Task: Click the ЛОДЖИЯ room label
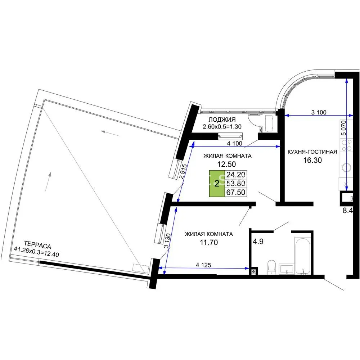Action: pos(222,120)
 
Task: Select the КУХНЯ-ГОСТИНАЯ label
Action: pos(312,152)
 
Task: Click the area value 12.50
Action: pos(226,164)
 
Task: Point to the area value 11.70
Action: pos(209,242)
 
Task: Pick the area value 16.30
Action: pos(312,160)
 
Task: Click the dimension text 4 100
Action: pos(235,144)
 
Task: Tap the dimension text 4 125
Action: pos(203,265)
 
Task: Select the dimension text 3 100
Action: pos(319,112)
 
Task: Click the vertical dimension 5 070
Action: pos(343,128)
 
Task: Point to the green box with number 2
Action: pos(217,184)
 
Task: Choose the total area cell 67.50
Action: pos(236,192)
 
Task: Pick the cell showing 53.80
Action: pos(236,184)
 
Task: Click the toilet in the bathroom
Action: pos(271,267)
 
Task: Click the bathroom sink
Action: pos(286,269)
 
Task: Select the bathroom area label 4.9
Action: pos(258,242)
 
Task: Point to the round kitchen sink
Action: pos(346,167)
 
